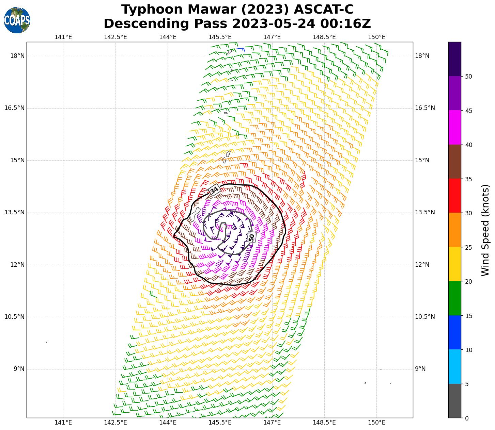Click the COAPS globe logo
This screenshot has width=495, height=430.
17,20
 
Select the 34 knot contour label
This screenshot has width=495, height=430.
214,190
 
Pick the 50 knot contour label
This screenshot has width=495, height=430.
251,237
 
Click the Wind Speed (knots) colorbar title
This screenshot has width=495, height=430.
485,230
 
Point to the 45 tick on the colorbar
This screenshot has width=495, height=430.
468,111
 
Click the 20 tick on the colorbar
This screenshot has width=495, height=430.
468,281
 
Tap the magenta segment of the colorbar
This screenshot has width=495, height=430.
454,128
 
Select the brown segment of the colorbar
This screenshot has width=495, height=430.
454,162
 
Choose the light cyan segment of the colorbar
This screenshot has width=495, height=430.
454,366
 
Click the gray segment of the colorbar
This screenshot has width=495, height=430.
454,401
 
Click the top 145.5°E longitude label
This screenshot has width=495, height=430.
220,37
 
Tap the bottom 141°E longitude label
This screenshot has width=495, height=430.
63,423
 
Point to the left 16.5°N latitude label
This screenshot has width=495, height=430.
14,108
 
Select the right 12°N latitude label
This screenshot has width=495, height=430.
422,265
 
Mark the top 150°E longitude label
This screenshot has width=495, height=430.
376,37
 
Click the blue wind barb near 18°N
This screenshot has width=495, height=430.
241,50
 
